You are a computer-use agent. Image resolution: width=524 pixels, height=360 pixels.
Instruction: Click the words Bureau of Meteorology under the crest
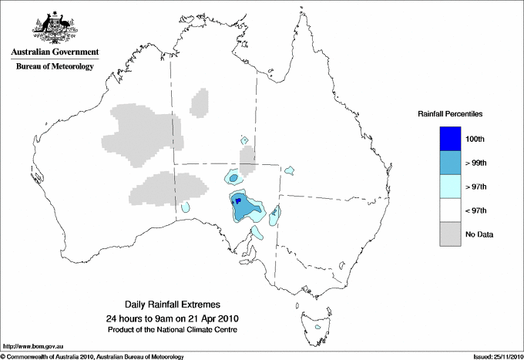55,67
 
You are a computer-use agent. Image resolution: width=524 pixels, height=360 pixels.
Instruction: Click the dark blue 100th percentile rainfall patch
238,200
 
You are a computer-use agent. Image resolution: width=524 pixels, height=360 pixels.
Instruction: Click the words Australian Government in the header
55,52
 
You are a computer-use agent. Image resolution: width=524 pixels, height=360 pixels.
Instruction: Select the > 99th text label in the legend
477,163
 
